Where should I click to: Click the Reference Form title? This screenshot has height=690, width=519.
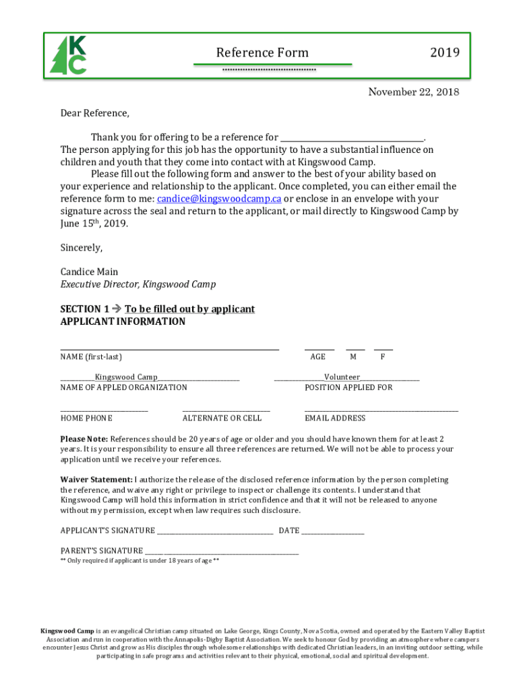[x=262, y=53]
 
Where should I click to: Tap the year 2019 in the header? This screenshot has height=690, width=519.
[x=445, y=53]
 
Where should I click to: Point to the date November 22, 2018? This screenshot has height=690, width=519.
[x=413, y=92]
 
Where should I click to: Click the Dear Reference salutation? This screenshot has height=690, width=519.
[x=94, y=113]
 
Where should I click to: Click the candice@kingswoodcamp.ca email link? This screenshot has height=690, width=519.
[x=219, y=199]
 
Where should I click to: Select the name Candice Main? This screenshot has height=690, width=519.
[x=89, y=272]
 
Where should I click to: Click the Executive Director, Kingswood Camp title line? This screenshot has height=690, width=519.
[x=138, y=284]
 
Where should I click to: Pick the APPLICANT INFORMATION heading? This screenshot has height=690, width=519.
[x=123, y=321]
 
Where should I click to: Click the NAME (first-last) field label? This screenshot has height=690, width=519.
[x=91, y=356]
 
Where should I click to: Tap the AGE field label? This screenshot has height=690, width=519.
[x=317, y=356]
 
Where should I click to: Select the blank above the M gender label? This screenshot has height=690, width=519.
[x=355, y=347]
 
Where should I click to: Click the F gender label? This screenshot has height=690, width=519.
[x=383, y=356]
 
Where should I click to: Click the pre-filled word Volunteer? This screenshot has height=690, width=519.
[x=342, y=377]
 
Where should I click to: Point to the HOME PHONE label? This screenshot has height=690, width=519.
[x=86, y=418]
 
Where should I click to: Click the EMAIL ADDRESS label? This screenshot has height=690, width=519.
[x=335, y=418]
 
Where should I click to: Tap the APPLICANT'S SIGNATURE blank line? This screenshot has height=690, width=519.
[x=215, y=531]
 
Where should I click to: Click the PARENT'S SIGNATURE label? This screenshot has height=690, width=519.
[x=101, y=551]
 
